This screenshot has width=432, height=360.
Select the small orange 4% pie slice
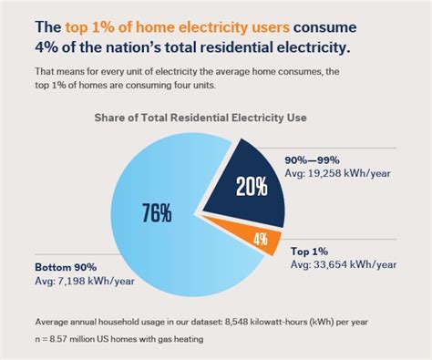(262, 240)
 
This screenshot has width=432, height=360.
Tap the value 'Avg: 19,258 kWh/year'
(343, 170)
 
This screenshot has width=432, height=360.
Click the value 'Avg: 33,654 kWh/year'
(344, 263)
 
